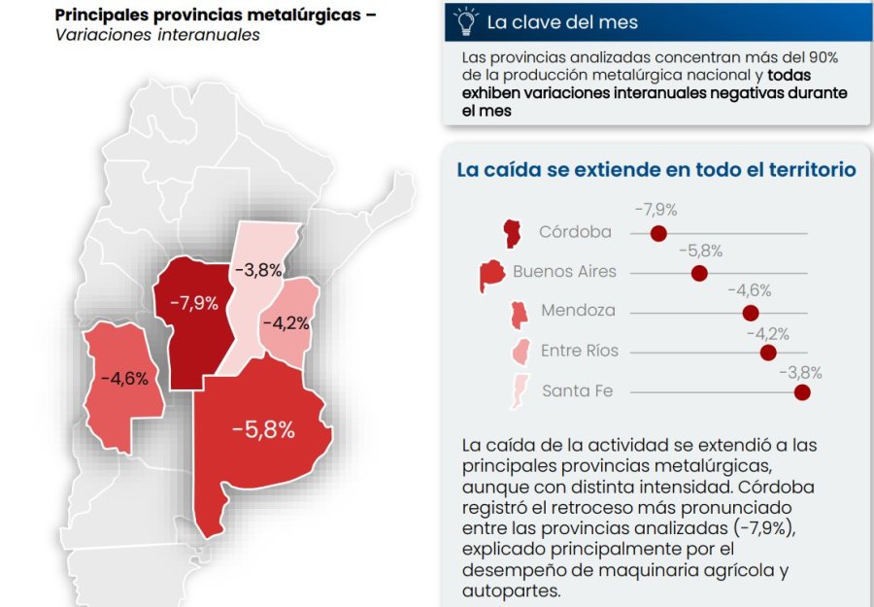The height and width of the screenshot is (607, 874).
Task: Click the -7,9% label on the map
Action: (194, 303)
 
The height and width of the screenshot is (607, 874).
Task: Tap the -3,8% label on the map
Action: (258, 270)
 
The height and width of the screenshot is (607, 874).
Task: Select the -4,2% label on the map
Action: (286, 322)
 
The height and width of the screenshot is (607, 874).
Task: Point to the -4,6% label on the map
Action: (125, 379)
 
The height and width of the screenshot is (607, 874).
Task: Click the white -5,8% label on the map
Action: (263, 429)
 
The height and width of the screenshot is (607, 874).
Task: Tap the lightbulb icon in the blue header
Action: (466, 21)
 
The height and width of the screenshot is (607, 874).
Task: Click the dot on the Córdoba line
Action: (658, 233)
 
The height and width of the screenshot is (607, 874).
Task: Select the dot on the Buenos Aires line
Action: (699, 273)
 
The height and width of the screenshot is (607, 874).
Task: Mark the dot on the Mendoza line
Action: (751, 313)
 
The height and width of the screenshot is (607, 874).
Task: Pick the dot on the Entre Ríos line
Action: (768, 353)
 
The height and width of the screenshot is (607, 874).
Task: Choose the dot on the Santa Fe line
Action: (802, 392)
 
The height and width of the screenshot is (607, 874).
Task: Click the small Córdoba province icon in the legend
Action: (512, 233)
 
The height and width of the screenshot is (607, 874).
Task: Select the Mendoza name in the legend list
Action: (578, 311)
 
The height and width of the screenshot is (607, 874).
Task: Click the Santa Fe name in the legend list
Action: (577, 390)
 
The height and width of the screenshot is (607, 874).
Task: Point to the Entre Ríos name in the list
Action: (579, 351)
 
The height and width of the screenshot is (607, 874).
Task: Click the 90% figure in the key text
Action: (823, 57)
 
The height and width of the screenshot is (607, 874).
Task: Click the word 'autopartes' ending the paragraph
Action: (511, 590)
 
